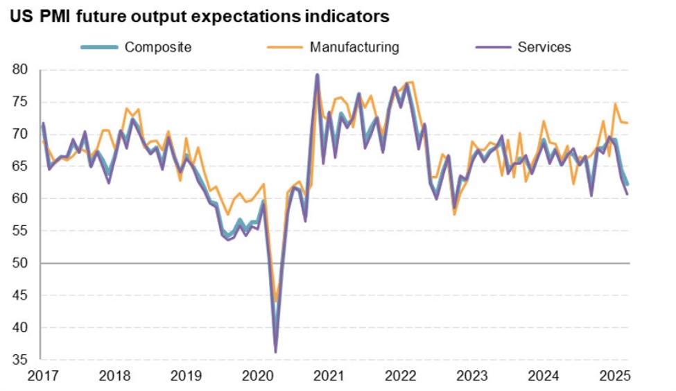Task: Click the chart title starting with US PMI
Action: point(200,15)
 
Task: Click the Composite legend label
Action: point(157,47)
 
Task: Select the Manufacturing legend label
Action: point(354,47)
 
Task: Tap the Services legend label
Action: point(544,47)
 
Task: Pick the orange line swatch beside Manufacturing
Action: point(285,47)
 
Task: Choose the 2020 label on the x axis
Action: point(257,376)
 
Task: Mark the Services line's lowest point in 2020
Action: point(275,352)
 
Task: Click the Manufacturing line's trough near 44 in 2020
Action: point(275,302)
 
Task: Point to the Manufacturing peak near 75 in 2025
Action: point(615,104)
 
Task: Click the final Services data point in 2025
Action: point(628,194)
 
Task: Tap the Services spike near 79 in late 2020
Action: point(317,75)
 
